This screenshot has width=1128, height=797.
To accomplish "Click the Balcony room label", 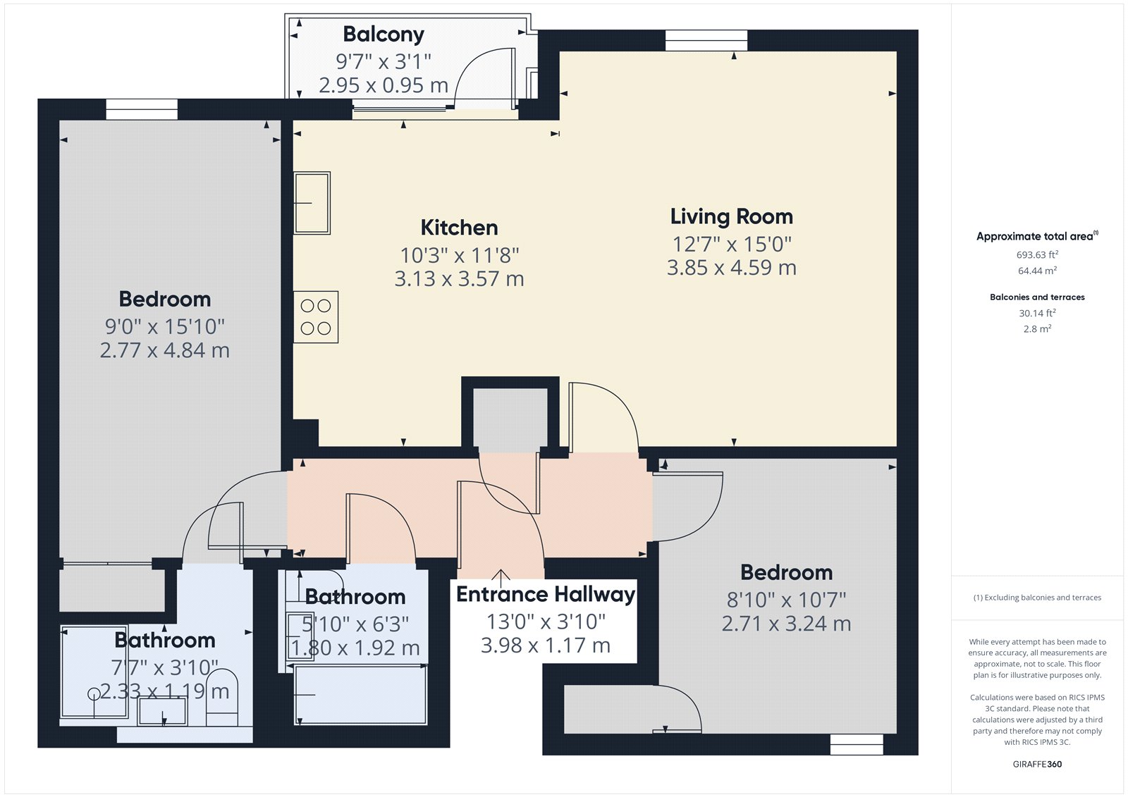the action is click(384, 35).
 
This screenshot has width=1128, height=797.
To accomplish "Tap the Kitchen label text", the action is click(459, 228).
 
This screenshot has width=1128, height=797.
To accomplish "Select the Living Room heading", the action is click(732, 217).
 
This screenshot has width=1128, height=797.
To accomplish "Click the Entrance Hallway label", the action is click(546, 595).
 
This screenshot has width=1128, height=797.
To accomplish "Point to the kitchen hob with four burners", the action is click(316, 317).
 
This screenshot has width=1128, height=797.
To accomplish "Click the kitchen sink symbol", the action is click(312, 203).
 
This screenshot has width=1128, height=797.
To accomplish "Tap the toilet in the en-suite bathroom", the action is click(222, 698).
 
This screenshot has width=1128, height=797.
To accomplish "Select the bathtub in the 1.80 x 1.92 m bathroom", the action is click(360, 695).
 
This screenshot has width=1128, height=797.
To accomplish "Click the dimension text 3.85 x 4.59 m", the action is click(732, 268).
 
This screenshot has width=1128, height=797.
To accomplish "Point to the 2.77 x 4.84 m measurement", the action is click(165, 351).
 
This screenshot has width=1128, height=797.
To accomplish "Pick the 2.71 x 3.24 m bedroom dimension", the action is click(787, 624).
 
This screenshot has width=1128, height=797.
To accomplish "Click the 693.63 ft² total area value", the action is click(1037, 255).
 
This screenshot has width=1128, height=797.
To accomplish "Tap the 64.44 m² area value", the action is click(1037, 271).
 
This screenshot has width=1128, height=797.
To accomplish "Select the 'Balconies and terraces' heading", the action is click(1037, 297).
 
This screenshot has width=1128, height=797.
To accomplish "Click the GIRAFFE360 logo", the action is click(1037, 764).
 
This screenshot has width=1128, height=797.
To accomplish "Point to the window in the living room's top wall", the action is click(706, 40).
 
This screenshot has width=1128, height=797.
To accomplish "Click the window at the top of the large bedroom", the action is click(142, 109).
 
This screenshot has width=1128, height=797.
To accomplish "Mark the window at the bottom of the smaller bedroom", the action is click(857, 744).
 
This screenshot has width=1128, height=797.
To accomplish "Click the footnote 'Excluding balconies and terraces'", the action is click(1037, 598).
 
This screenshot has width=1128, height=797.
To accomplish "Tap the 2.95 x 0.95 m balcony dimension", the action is click(384, 85).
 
